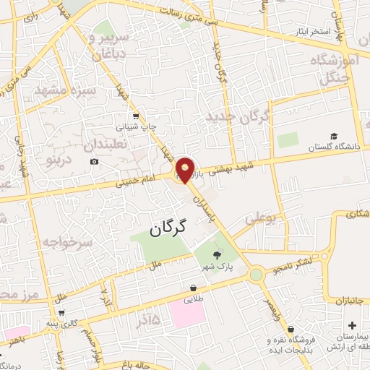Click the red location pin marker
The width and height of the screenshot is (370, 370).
point(185,170)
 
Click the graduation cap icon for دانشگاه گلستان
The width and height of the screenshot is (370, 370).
point(334,136)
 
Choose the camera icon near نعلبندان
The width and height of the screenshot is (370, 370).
point(95,160)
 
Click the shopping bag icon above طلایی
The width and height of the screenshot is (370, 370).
point(193,287)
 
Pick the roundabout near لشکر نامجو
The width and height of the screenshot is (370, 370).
point(256,275)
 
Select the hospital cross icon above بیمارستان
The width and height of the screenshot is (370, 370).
point(352,327)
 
